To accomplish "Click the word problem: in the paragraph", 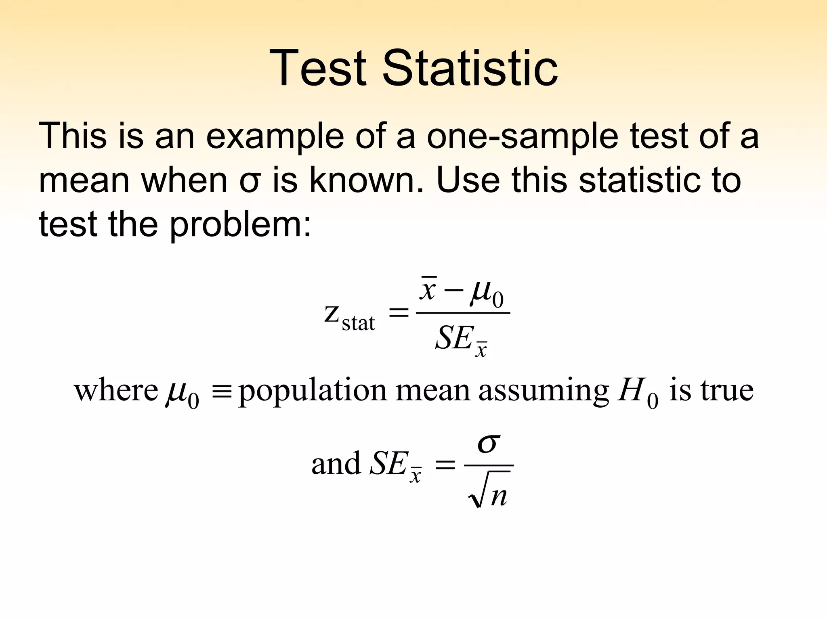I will (240, 225).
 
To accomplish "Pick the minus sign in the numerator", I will (454, 291).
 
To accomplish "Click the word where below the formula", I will (116, 390).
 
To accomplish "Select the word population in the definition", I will (313, 392).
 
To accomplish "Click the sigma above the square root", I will (489, 444).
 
